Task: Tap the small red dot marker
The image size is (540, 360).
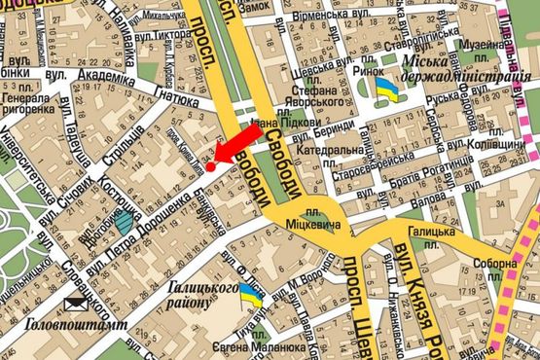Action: [x=210, y=167]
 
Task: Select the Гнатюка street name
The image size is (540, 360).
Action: [x=175, y=99]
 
